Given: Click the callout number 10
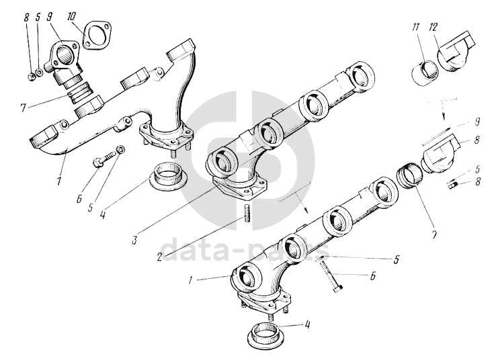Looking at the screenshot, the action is [x=72, y=15].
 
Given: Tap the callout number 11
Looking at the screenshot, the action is [x=415, y=28].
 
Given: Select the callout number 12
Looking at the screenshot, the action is [x=434, y=28].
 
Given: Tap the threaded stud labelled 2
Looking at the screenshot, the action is [x=247, y=216].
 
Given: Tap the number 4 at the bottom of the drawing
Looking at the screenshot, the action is [x=307, y=326].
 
